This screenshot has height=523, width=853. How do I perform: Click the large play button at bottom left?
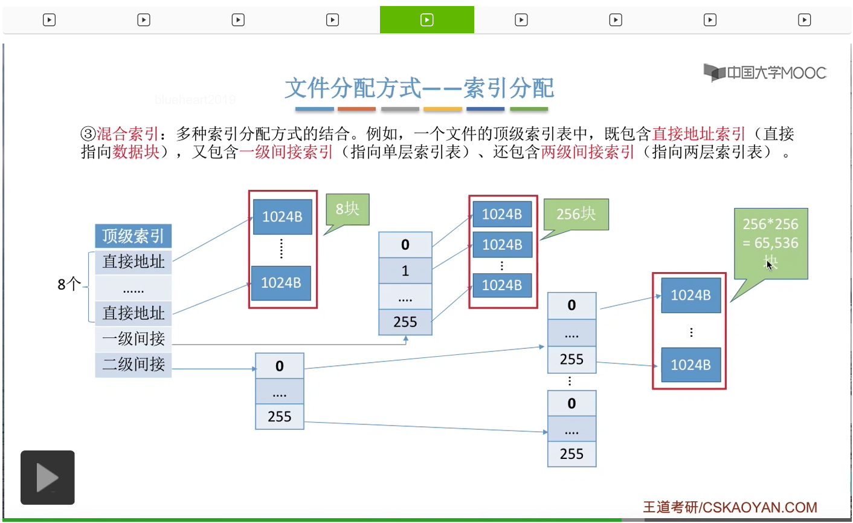[48, 477]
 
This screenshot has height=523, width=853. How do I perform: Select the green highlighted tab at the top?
[426, 20]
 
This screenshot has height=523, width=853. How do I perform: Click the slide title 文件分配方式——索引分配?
[419, 88]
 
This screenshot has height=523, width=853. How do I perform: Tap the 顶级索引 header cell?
[133, 236]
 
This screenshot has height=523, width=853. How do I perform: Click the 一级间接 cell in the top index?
[133, 339]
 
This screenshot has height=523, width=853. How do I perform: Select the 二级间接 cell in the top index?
[133, 364]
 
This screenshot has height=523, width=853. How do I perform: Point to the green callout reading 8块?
[347, 209]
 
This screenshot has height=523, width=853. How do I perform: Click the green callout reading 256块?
[576, 214]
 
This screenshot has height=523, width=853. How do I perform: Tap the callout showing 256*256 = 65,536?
[771, 242]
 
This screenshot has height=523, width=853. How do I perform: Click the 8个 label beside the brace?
[69, 284]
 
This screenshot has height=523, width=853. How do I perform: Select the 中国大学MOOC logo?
[765, 73]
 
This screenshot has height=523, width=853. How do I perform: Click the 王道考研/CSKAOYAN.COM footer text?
[730, 507]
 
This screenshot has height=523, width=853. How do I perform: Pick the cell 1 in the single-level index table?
[405, 271]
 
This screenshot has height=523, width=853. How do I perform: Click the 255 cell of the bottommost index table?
[571, 454]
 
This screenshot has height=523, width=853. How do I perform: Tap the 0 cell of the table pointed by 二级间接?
[279, 366]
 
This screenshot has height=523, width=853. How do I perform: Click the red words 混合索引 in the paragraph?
[127, 134]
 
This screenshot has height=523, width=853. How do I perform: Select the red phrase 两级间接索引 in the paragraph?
[587, 152]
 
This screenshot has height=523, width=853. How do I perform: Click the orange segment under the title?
[356, 109]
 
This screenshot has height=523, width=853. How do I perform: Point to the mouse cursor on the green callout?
[769, 264]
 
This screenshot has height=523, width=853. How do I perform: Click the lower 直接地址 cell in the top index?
[133, 313]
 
